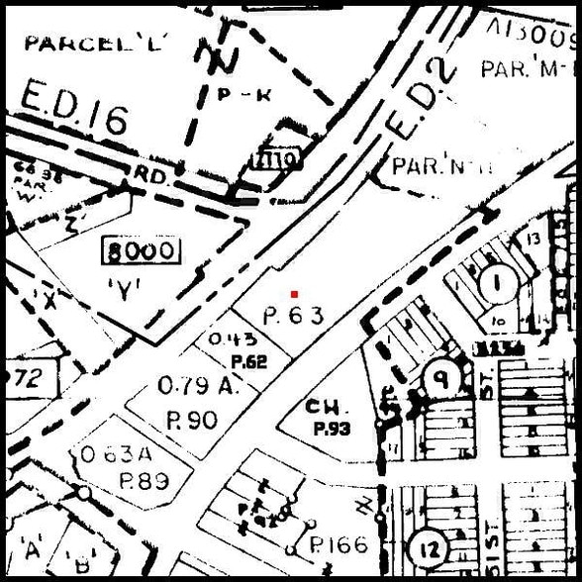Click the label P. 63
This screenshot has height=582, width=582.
[x=295, y=317]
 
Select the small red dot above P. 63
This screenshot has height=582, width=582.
[x=294, y=294]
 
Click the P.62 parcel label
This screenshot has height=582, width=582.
[x=248, y=361]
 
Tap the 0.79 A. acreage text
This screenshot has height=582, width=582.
[x=199, y=386]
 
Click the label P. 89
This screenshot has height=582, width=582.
[x=144, y=481]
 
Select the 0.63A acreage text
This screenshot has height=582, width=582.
[x=117, y=455]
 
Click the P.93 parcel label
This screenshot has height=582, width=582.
[x=333, y=429]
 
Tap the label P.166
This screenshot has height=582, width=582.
[x=338, y=544]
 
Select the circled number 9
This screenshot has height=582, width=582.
[x=436, y=377]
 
